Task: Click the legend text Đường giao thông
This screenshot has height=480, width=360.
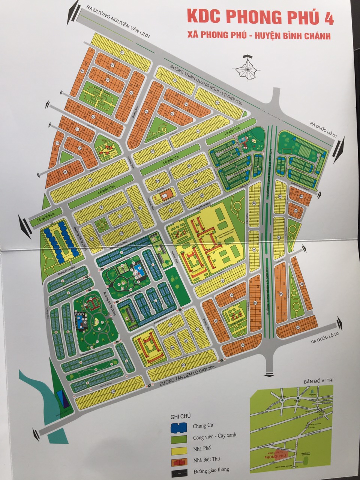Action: pyautogui.click(x=210, y=469)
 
